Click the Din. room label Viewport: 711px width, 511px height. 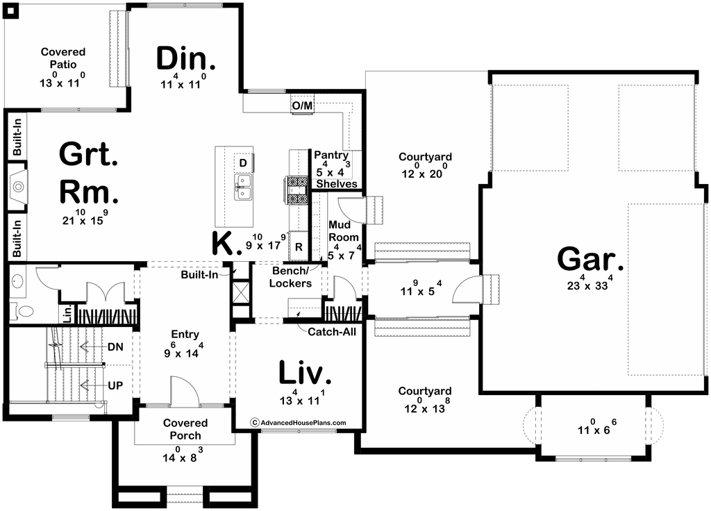185,59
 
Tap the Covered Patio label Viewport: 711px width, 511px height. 63,58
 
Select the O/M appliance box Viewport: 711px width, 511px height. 303,106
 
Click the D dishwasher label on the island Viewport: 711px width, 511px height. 243,162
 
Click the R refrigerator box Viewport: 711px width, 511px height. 299,246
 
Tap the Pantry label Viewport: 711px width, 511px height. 331,155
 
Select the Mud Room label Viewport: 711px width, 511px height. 344,231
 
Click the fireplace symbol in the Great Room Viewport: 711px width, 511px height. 18,186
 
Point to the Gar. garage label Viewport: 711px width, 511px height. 590,260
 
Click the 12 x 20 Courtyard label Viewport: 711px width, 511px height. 425,156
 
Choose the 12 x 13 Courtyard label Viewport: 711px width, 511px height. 425,390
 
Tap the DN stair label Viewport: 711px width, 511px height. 116,347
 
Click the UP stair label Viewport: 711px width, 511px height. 116,385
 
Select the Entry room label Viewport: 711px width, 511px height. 185,334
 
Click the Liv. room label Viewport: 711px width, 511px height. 304,374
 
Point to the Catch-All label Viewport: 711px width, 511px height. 332,331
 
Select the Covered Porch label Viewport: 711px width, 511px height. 185,429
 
